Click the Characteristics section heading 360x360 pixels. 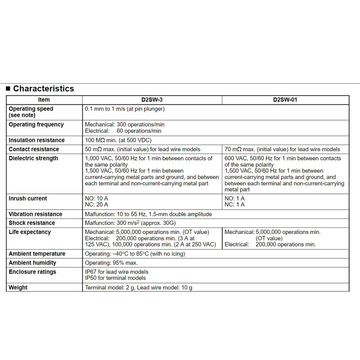(43, 89)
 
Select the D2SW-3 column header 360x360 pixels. (152, 100)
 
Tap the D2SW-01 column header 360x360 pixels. (285, 100)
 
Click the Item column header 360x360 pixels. (44, 100)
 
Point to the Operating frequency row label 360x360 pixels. (36, 125)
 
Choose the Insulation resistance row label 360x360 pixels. (36, 140)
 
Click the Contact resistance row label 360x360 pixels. (34, 149)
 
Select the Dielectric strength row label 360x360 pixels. (33, 158)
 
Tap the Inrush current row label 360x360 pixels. (27, 198)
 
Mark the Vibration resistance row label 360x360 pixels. (36, 214)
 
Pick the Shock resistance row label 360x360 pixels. (31, 223)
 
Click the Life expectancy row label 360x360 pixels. (30, 232)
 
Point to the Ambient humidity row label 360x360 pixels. (32, 263)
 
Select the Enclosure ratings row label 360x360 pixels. (32, 272)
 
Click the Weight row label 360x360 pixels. (18, 288)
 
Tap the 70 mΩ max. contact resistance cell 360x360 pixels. (282, 149)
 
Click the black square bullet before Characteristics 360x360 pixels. (8, 89)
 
